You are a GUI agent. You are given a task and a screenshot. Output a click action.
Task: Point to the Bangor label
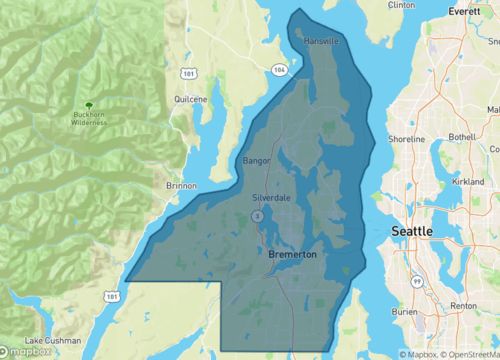pos(257,160)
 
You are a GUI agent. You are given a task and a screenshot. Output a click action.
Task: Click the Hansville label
pos(322,41)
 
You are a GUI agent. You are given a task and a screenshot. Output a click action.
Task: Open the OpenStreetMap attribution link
pos(468,353)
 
